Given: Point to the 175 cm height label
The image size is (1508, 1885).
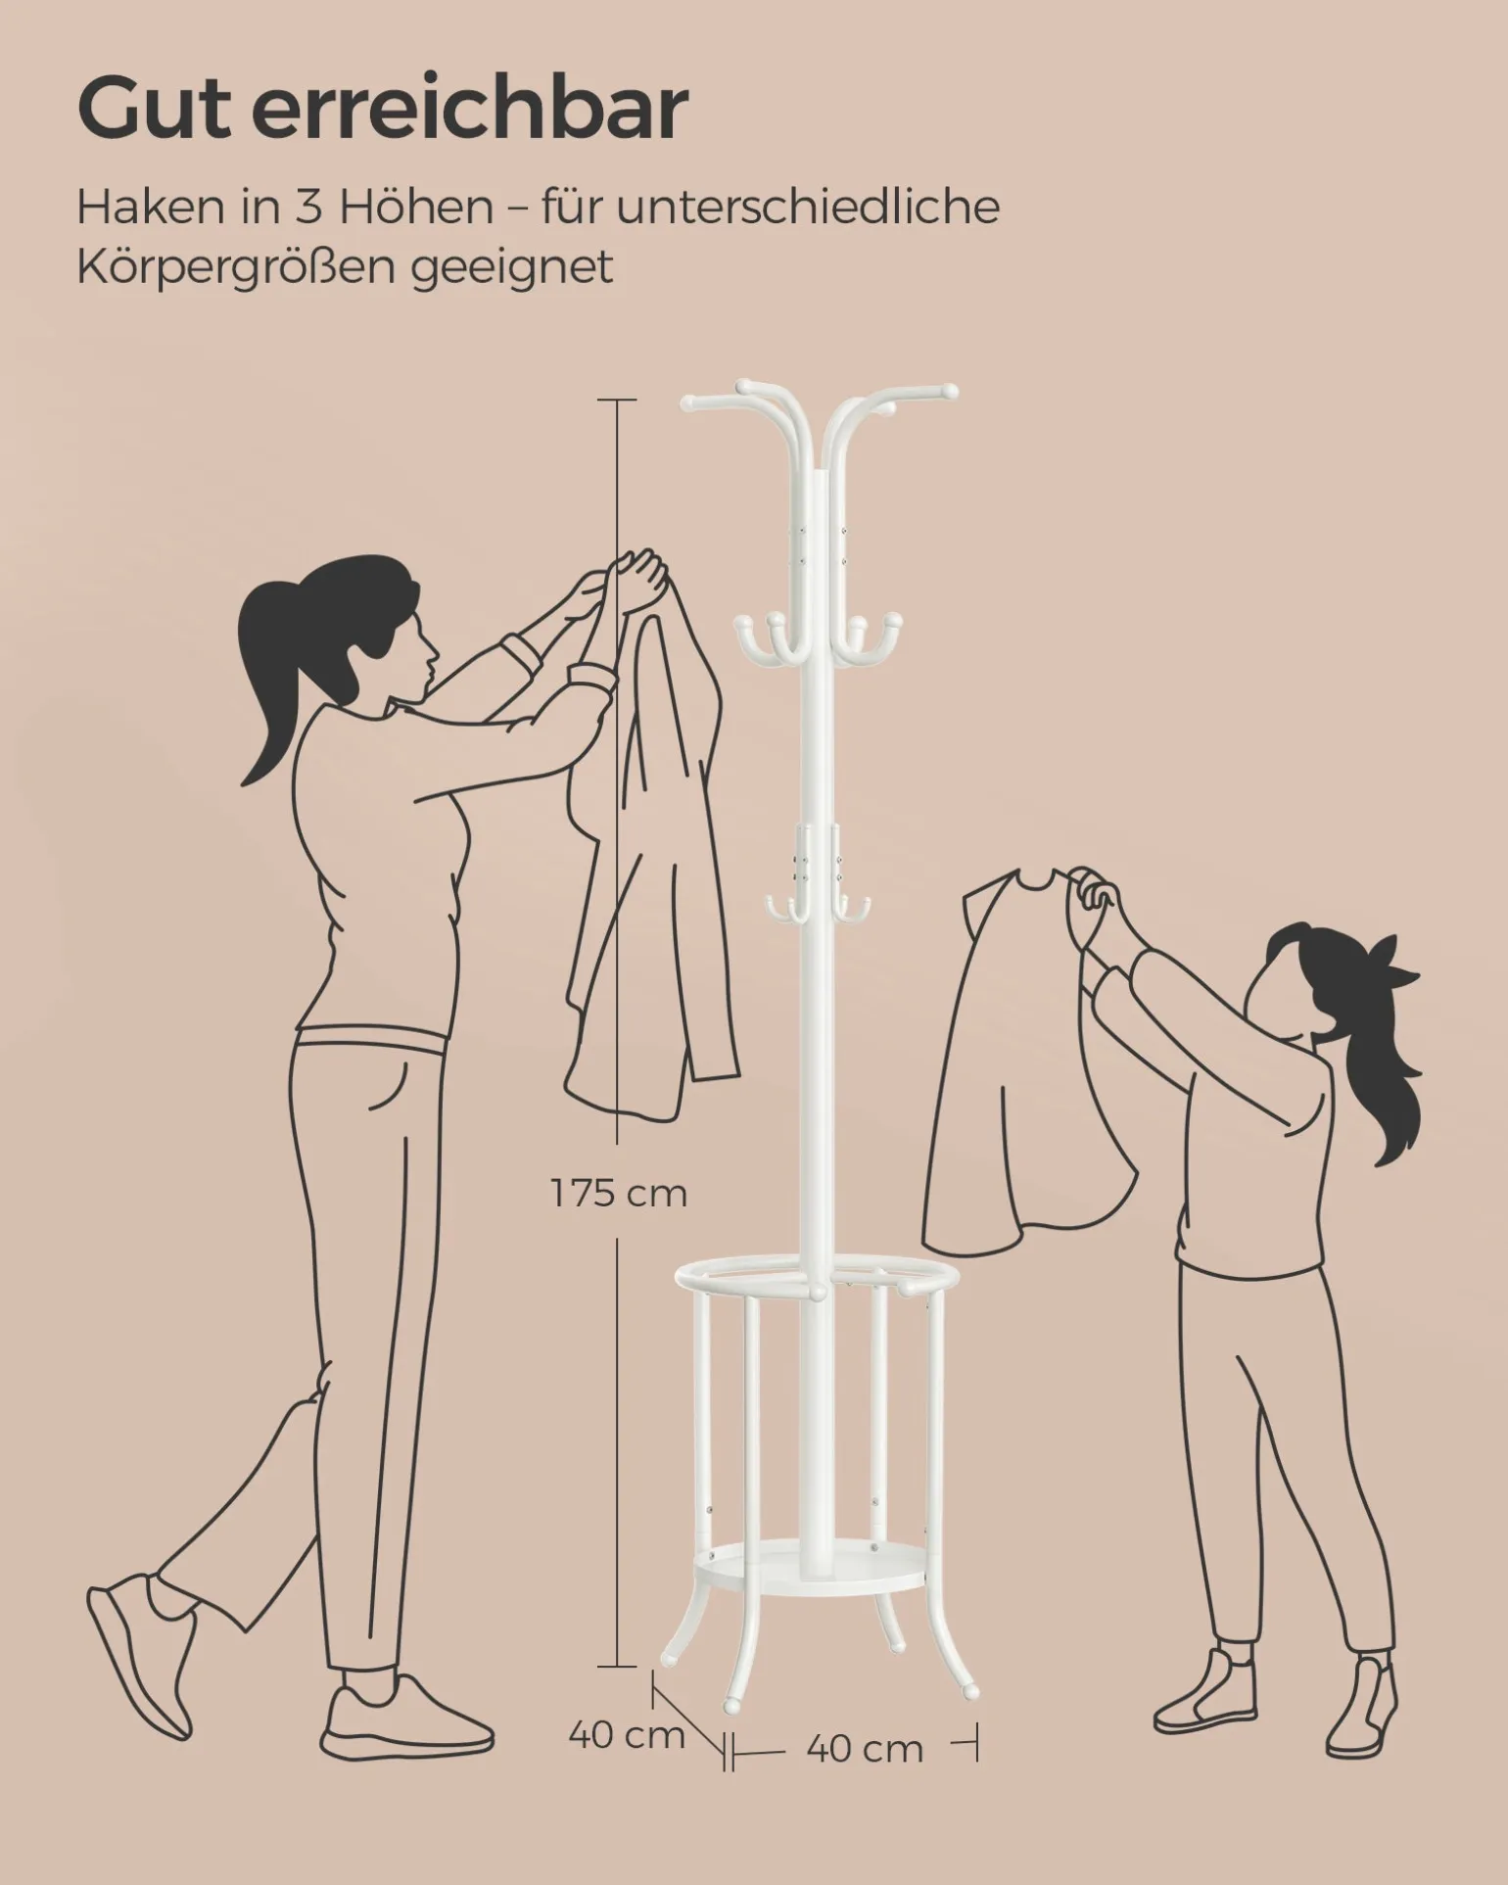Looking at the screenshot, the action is (618, 1194).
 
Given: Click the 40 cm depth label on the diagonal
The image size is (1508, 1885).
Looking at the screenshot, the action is (627, 1735).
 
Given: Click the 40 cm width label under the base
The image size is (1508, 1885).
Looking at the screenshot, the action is (865, 1749).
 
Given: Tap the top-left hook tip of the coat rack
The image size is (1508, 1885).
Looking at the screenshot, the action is (690, 401).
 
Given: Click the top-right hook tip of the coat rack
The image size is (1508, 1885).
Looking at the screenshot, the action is (948, 390).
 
